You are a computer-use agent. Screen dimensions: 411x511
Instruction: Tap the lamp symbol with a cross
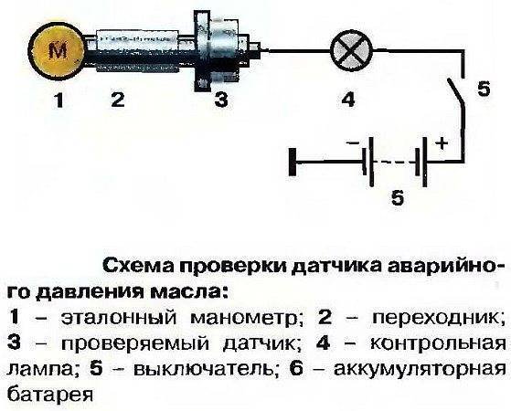[x=346, y=50]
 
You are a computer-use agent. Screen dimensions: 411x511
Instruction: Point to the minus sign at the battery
[x=353, y=144]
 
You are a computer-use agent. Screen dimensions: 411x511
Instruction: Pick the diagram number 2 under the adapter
[x=118, y=100]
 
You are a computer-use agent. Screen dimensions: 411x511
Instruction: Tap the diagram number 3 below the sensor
[x=219, y=100]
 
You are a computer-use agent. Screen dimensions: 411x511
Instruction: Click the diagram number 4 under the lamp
[x=347, y=100]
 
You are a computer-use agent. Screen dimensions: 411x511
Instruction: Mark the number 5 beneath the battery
[x=396, y=198]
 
